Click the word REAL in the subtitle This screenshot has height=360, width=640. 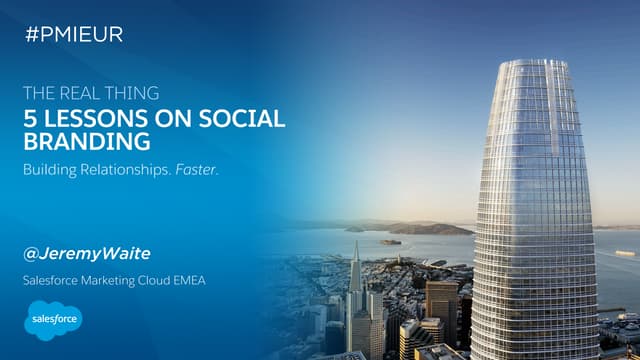coord(82,94)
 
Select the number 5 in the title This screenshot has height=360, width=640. coord(28,118)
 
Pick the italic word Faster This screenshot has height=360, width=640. coord(196,169)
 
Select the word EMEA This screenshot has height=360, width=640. coord(187,280)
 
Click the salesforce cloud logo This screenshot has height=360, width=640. coord(52,321)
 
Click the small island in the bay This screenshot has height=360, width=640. coord(390,241)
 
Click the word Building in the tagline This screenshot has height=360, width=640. coord(50,169)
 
